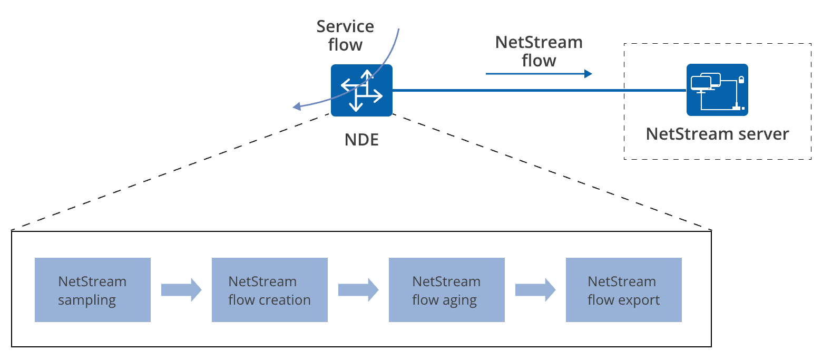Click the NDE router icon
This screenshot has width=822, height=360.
[361, 90]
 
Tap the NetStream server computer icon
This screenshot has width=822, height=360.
[717, 90]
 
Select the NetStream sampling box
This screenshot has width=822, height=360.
[92, 290]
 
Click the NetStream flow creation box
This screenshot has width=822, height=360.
[269, 290]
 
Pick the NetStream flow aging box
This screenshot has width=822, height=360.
[446, 290]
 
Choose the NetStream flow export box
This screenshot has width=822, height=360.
[623, 290]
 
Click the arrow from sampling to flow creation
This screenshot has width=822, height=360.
[181, 290]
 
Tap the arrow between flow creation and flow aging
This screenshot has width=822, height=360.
[358, 290]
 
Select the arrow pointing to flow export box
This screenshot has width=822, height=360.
[535, 290]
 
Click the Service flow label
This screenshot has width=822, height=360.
[345, 35]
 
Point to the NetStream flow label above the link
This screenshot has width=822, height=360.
[539, 51]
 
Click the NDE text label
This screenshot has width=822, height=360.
[361, 140]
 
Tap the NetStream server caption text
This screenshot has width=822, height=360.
[717, 133]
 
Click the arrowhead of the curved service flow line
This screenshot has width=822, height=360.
[297, 107]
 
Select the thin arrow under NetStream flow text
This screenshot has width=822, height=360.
[539, 74]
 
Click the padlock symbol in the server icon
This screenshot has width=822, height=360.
[741, 80]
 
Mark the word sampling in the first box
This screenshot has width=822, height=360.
[86, 300]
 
